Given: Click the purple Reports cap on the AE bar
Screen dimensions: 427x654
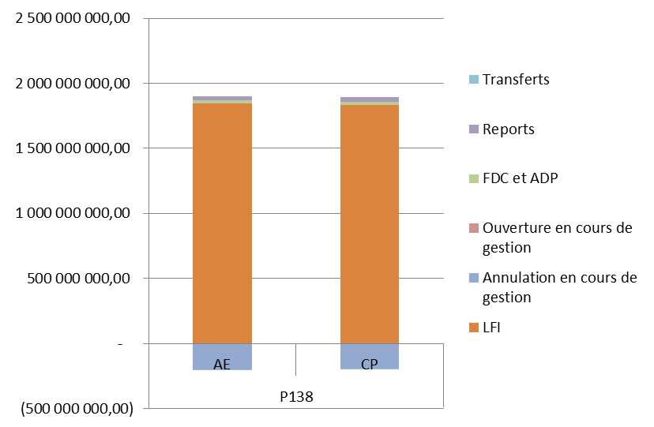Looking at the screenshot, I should (x=222, y=98).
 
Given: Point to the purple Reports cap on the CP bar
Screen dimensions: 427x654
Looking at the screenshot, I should (x=370, y=99).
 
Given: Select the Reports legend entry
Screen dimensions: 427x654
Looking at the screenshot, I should (x=508, y=129).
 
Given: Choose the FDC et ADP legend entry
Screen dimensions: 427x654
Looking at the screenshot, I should (x=520, y=179).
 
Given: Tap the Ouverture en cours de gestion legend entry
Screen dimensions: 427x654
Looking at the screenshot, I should (x=557, y=238).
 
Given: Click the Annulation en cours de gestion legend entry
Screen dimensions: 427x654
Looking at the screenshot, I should (x=558, y=287).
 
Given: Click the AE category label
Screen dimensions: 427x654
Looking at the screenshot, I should (x=223, y=365).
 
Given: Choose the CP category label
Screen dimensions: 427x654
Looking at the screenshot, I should (x=369, y=365).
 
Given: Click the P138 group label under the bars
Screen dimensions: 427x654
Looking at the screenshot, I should (x=296, y=396).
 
